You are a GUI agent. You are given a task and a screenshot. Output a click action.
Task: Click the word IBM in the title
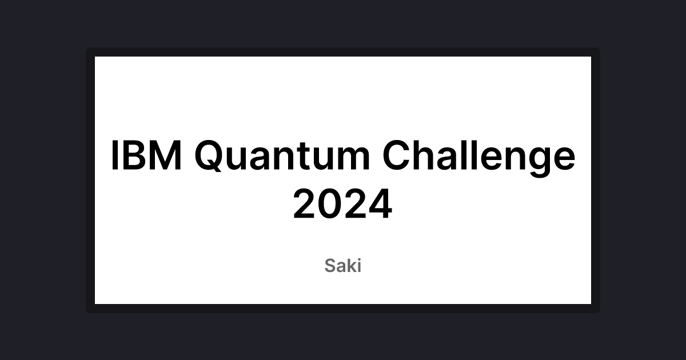pyautogui.click(x=146, y=156)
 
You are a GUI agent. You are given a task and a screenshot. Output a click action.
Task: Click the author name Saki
pyautogui.click(x=343, y=266)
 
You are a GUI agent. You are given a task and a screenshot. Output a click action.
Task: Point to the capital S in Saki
pyautogui.click(x=330, y=266)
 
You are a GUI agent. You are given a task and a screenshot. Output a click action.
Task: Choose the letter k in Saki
pyautogui.click(x=350, y=266)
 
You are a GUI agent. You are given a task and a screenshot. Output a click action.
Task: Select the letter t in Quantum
pyautogui.click(x=309, y=157)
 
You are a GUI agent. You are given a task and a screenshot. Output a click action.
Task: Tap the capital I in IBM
pyautogui.click(x=115, y=156)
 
